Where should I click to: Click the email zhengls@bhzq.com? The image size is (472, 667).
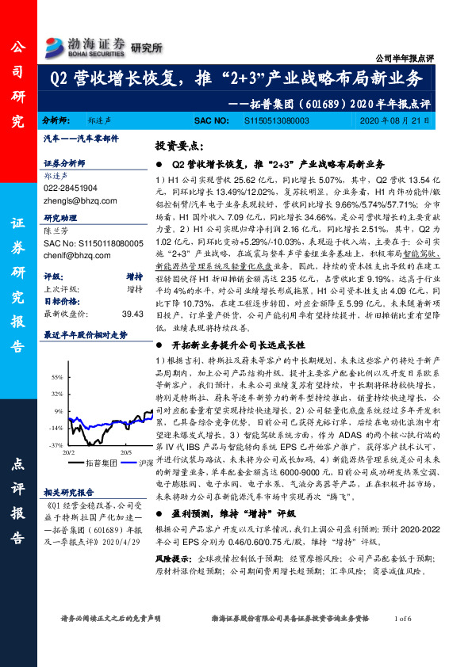pos(74,200)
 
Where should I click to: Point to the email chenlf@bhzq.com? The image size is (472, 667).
pos(72,255)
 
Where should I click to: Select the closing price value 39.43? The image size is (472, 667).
pos(132,314)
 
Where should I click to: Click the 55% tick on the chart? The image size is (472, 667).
pos(57,375)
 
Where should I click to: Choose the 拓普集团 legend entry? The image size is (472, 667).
pos(102,462)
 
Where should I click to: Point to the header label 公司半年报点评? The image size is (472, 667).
pos(404,59)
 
